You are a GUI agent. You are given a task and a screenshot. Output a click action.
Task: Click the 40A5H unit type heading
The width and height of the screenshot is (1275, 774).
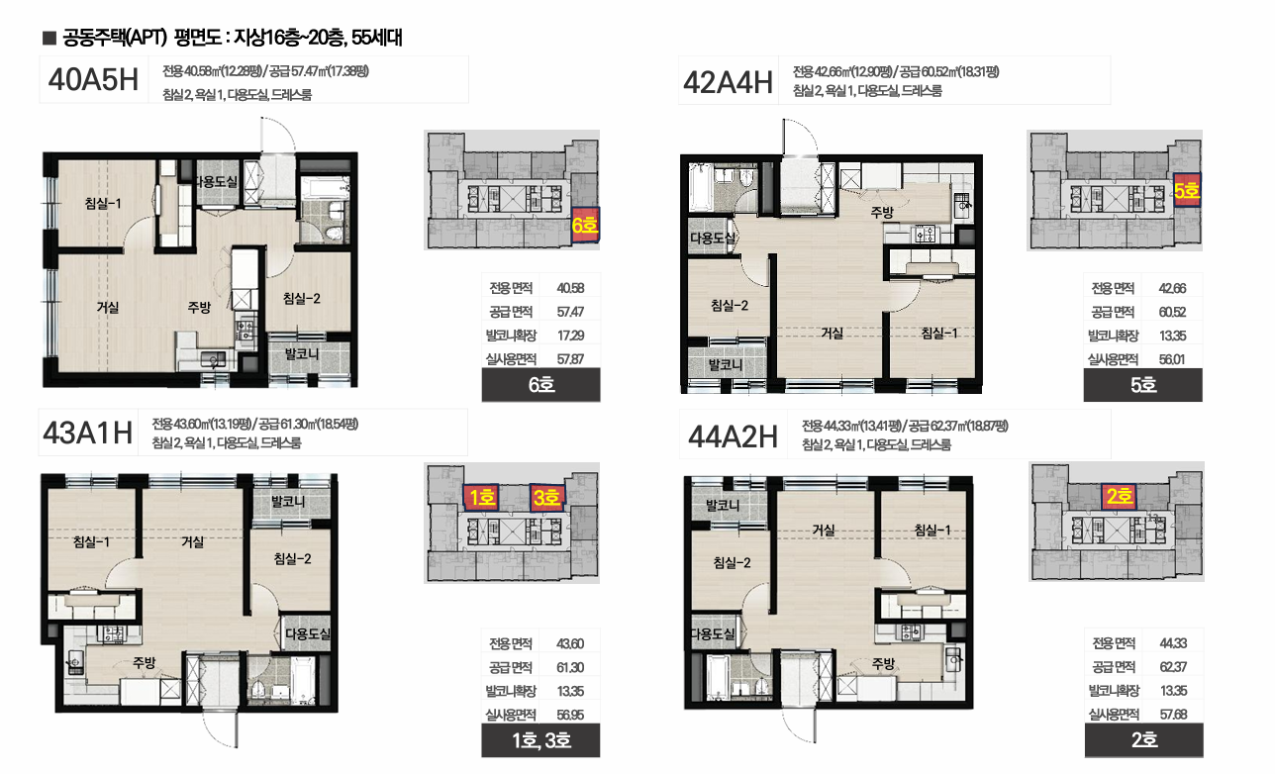click(93, 79)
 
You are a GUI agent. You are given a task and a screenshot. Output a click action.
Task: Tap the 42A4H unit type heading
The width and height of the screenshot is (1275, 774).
click(728, 82)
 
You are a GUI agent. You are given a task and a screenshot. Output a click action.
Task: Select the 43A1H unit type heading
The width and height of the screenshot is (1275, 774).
click(88, 434)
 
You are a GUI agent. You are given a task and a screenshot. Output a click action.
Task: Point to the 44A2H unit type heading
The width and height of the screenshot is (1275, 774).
click(734, 437)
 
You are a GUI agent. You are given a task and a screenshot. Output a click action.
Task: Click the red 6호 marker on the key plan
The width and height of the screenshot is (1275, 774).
click(585, 226)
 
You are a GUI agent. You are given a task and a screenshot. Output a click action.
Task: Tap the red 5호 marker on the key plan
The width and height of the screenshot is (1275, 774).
click(1187, 191)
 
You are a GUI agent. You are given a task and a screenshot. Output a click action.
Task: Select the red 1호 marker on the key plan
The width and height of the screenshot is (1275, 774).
click(482, 498)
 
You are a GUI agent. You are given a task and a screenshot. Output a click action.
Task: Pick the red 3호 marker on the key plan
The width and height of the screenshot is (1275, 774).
click(547, 498)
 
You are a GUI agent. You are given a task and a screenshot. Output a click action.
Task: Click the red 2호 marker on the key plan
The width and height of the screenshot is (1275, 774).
click(1120, 496)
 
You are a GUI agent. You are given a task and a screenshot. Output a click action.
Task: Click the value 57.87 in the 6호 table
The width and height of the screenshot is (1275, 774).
click(570, 359)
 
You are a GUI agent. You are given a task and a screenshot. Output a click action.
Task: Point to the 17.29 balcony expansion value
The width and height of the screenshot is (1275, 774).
click(570, 336)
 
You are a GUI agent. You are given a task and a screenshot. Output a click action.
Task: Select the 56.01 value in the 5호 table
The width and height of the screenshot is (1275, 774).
click(1172, 359)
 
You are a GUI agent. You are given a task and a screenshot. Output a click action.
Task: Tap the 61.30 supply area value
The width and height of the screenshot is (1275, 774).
click(570, 667)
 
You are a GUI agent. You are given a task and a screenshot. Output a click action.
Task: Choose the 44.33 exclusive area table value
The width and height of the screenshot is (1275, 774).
click(1173, 643)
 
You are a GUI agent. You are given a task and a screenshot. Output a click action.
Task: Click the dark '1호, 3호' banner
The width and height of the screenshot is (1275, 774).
click(540, 740)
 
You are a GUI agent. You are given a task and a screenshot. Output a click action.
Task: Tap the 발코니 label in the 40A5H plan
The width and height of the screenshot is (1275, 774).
click(302, 354)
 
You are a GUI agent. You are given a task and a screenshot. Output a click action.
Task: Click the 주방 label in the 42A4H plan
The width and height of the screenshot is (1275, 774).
click(882, 212)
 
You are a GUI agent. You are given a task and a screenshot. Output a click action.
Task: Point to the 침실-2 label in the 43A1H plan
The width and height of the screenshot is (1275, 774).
click(293, 559)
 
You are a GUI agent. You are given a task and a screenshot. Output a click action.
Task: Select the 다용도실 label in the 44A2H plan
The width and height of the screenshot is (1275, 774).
click(713, 633)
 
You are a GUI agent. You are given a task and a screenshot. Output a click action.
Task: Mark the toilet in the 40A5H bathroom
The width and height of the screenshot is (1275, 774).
click(336, 233)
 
